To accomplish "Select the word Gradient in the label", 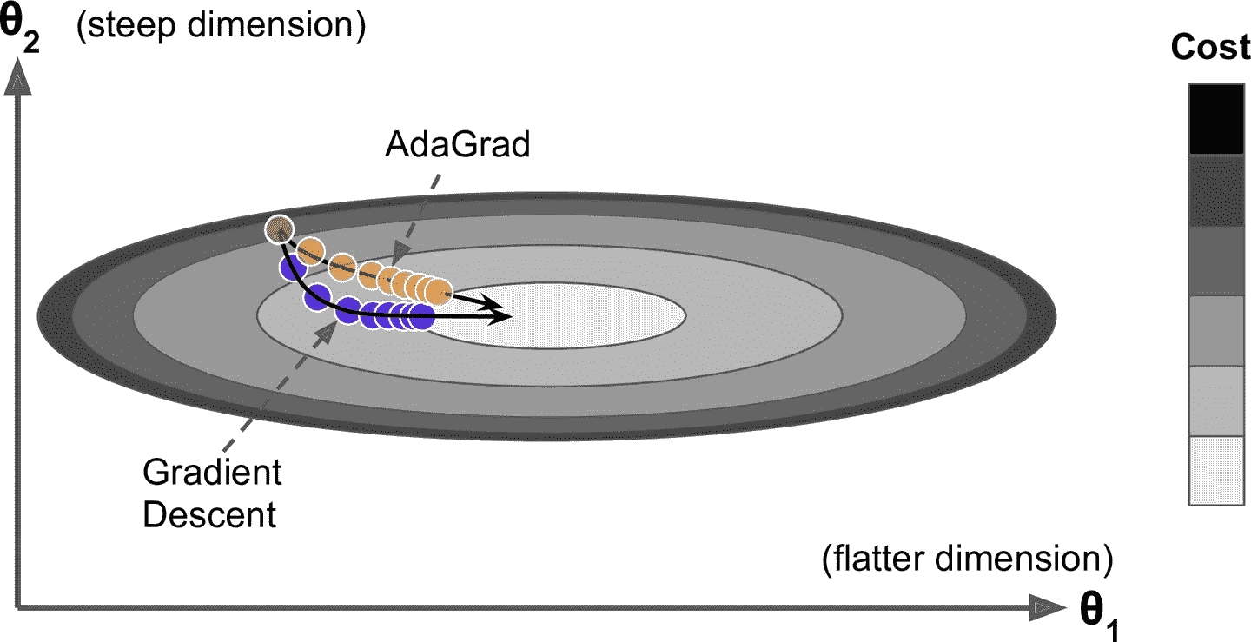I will [212, 473].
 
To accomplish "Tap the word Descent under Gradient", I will [209, 514].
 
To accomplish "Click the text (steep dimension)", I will [219, 27].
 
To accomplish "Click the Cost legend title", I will [1210, 48].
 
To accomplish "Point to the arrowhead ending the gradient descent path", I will [502, 318].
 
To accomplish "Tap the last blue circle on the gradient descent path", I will [420, 316].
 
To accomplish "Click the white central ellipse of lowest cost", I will [573, 316].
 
